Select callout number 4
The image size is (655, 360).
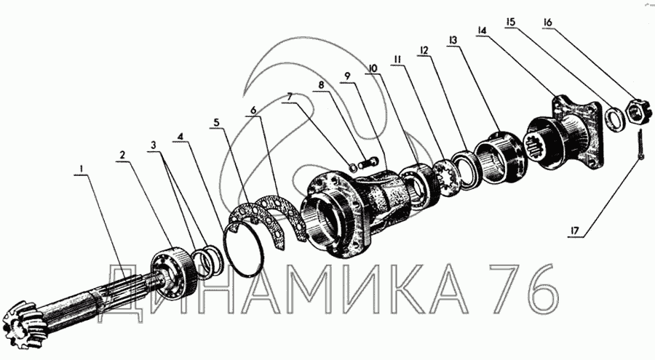pos(180,137)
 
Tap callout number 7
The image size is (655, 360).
pos(289,97)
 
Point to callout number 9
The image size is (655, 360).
pos(346,76)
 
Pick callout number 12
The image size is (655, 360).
pos(424,50)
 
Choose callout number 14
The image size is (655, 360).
pos(482,31)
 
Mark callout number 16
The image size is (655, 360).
pos(547,22)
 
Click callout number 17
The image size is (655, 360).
pos(575,230)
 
